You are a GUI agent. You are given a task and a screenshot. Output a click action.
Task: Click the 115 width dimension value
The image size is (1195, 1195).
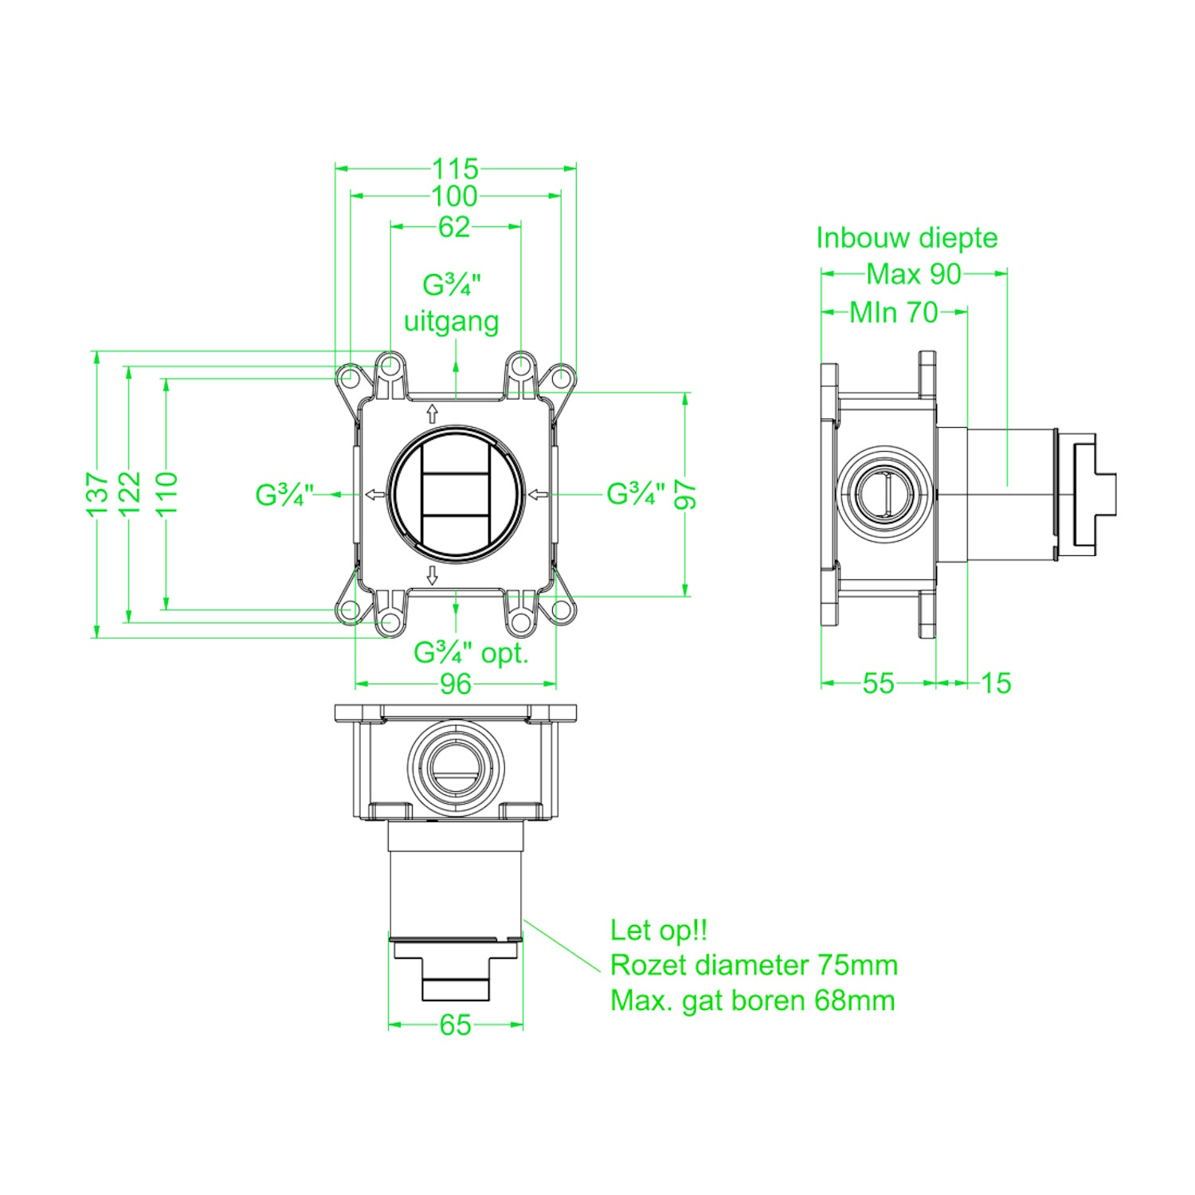pyautogui.click(x=455, y=169)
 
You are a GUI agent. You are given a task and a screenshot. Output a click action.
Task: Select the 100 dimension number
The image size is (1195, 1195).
pyautogui.click(x=455, y=196)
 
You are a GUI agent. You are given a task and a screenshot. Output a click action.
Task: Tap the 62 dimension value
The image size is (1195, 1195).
pyautogui.click(x=455, y=227)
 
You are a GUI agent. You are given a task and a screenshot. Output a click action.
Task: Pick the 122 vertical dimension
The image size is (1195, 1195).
pyautogui.click(x=130, y=494)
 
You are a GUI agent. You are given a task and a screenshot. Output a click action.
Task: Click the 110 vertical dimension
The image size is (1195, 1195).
pyautogui.click(x=167, y=494)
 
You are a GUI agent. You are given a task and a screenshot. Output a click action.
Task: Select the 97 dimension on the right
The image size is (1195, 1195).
pyautogui.click(x=686, y=495)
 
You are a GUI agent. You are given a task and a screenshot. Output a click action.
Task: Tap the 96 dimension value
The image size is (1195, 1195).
pyautogui.click(x=456, y=684)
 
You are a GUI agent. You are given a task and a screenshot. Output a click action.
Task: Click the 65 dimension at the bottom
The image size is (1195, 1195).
pyautogui.click(x=456, y=1025)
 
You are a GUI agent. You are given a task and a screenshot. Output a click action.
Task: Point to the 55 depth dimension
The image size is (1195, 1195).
pyautogui.click(x=879, y=684)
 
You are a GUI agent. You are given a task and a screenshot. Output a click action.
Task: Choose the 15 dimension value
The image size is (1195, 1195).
pyautogui.click(x=996, y=684)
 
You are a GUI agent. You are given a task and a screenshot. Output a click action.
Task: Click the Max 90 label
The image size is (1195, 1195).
pyautogui.click(x=914, y=274)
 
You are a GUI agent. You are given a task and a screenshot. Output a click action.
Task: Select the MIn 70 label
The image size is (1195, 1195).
pyautogui.click(x=894, y=312)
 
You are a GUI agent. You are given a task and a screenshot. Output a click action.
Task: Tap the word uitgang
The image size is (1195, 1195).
pyautogui.click(x=452, y=322)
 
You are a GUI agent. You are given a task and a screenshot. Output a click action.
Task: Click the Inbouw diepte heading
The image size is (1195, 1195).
pyautogui.click(x=907, y=238)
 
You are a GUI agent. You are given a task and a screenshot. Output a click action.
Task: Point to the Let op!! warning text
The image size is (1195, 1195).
pyautogui.click(x=659, y=931)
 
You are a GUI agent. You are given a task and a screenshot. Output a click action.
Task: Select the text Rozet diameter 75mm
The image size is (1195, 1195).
pyautogui.click(x=754, y=966)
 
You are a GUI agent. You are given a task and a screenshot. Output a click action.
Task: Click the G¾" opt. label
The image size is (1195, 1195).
pyautogui.click(x=472, y=653)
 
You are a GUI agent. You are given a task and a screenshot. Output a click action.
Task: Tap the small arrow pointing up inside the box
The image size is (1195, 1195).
pyautogui.click(x=433, y=413)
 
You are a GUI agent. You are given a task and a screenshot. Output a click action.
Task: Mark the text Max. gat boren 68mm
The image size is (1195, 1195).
pyautogui.click(x=753, y=1001)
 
